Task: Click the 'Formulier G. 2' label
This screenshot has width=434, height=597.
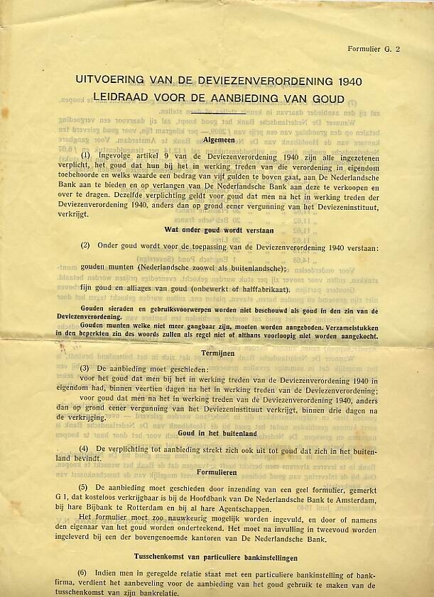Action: click(x=374, y=49)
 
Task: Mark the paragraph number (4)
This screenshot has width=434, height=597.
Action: click(x=84, y=450)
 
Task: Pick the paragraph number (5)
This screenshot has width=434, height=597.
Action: click(x=84, y=488)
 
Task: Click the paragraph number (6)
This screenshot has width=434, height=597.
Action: click(x=84, y=573)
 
